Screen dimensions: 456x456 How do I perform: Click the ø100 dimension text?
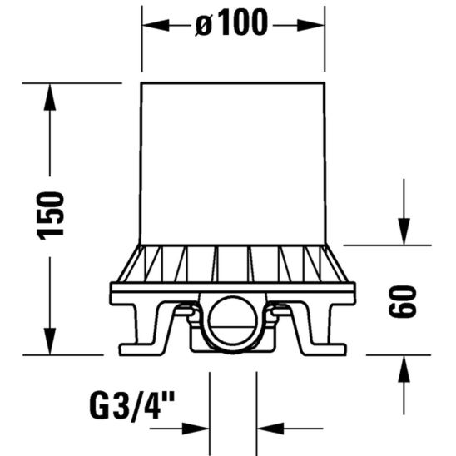click(x=232, y=25)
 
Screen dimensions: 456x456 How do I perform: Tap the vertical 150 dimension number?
click(x=52, y=216)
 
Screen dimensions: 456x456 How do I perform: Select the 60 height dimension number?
click(x=402, y=300)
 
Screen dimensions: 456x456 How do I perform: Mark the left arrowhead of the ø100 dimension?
click(x=151, y=26)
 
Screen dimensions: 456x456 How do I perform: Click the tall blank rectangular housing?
click(x=232, y=162)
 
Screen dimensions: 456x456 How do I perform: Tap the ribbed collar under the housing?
click(x=232, y=264)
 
